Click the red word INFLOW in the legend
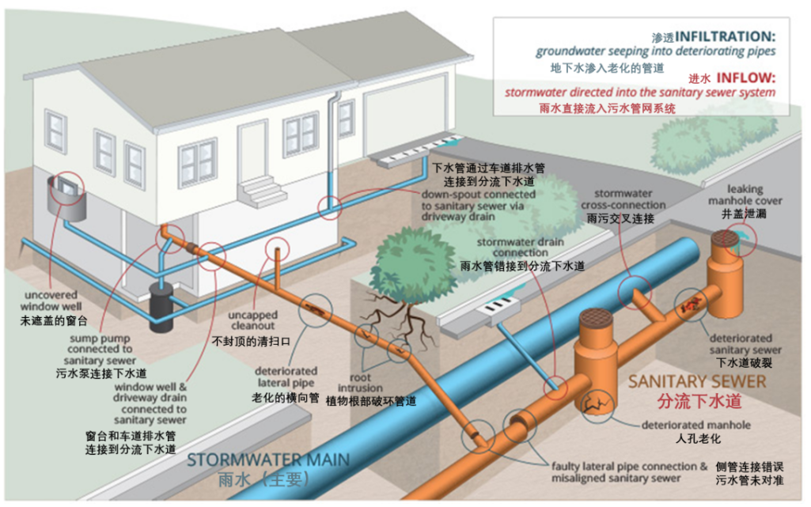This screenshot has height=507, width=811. coord(747,78)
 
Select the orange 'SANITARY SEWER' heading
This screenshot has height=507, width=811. coord(697,381)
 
